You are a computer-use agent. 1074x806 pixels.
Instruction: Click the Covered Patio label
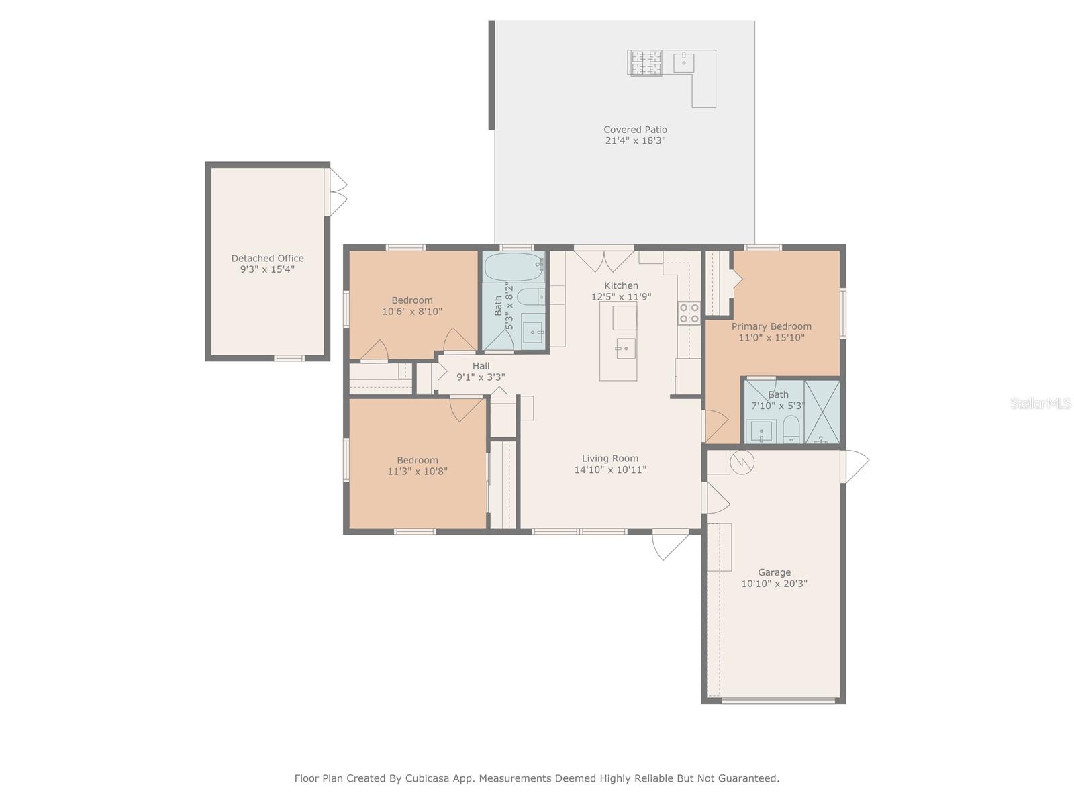tap(634, 130)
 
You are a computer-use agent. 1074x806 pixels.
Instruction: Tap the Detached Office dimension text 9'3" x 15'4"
tap(267, 269)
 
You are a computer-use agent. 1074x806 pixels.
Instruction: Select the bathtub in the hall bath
tap(514, 267)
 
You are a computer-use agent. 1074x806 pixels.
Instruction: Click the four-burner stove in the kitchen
tap(689, 313)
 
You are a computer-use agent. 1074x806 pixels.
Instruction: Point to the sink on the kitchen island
tap(626, 349)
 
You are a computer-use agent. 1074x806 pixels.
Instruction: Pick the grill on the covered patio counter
tap(645, 63)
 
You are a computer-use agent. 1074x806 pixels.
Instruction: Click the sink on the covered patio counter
tap(683, 62)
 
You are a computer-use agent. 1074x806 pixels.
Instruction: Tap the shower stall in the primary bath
tap(822, 412)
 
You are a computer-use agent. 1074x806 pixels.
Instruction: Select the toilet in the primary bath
tap(791, 429)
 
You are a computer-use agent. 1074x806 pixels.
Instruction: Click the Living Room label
tap(609, 459)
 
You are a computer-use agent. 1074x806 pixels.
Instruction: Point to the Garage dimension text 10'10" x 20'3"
tap(774, 583)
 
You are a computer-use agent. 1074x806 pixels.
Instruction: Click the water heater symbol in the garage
tap(742, 463)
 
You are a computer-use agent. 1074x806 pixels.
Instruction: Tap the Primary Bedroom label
tap(771, 326)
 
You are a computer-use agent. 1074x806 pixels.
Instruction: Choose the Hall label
tap(481, 366)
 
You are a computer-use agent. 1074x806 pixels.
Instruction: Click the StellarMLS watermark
tap(1040, 403)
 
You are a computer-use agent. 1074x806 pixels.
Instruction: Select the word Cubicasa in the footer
tap(427, 778)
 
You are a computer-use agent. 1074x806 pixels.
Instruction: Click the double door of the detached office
tap(336, 192)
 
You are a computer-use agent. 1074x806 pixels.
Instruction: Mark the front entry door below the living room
tap(671, 544)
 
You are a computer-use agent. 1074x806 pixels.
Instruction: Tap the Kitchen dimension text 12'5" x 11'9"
tap(621, 297)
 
